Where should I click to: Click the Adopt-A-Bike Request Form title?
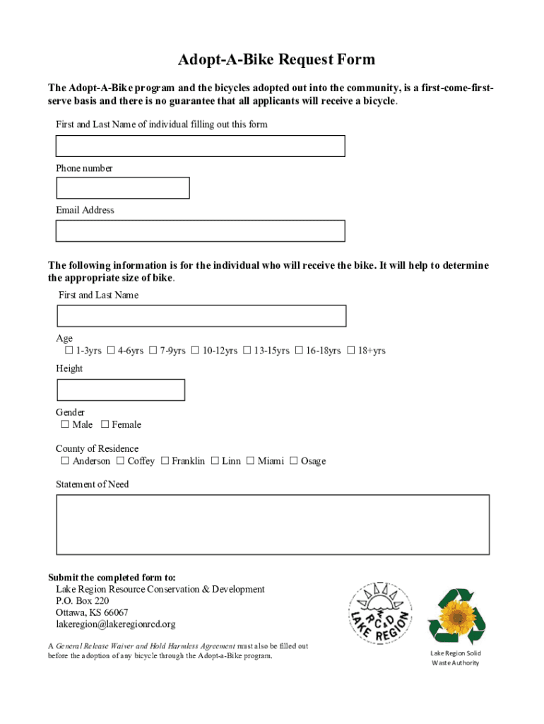point(276,60)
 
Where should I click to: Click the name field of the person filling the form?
point(201,146)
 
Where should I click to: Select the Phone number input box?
point(123,188)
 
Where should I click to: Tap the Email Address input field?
point(201,231)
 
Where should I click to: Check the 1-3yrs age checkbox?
point(69,351)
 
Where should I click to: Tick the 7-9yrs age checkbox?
point(153,351)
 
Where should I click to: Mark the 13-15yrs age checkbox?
point(247,351)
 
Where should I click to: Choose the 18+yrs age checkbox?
point(350,351)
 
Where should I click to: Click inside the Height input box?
point(121,390)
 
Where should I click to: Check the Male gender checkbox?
point(65,425)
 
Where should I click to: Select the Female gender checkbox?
point(105,425)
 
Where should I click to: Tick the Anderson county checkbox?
point(65,462)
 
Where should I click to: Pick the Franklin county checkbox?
point(165,462)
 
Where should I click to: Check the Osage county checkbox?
point(294,462)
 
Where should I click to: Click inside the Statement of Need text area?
point(273,525)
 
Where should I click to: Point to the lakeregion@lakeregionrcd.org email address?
point(116,624)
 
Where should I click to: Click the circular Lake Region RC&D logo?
point(379,613)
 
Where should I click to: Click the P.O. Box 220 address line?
point(83,601)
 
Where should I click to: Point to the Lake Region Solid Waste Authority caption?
point(456,658)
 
